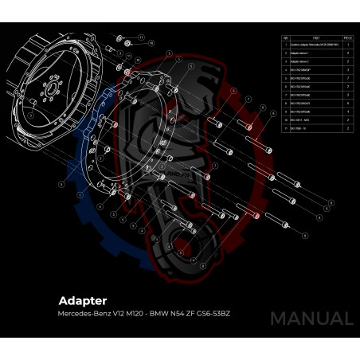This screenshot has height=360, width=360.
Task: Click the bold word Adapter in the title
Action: [82, 301]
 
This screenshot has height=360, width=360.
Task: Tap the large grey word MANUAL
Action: [311, 319]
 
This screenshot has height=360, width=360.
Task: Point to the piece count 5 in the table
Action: [348, 102]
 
